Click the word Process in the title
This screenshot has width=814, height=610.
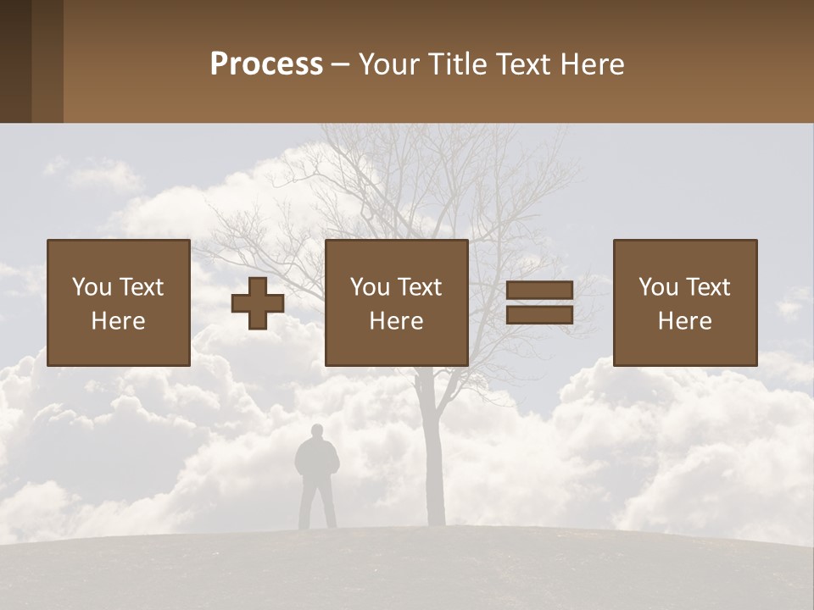266,64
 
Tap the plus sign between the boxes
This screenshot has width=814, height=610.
258,303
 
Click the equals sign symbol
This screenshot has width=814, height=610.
539,302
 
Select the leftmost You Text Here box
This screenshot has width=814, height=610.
119,303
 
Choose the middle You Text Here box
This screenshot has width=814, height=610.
397,303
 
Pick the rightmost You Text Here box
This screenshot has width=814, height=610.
685,303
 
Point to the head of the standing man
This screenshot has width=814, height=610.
316,433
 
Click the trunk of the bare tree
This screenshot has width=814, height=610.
436,457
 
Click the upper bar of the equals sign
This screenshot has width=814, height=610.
539,291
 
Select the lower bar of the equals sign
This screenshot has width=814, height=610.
539,315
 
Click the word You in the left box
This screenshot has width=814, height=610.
92,287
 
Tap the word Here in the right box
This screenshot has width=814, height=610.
685,321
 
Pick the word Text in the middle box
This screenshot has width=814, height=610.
420,287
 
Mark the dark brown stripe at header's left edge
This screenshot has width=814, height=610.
15,61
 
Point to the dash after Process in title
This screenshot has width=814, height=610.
341,64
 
